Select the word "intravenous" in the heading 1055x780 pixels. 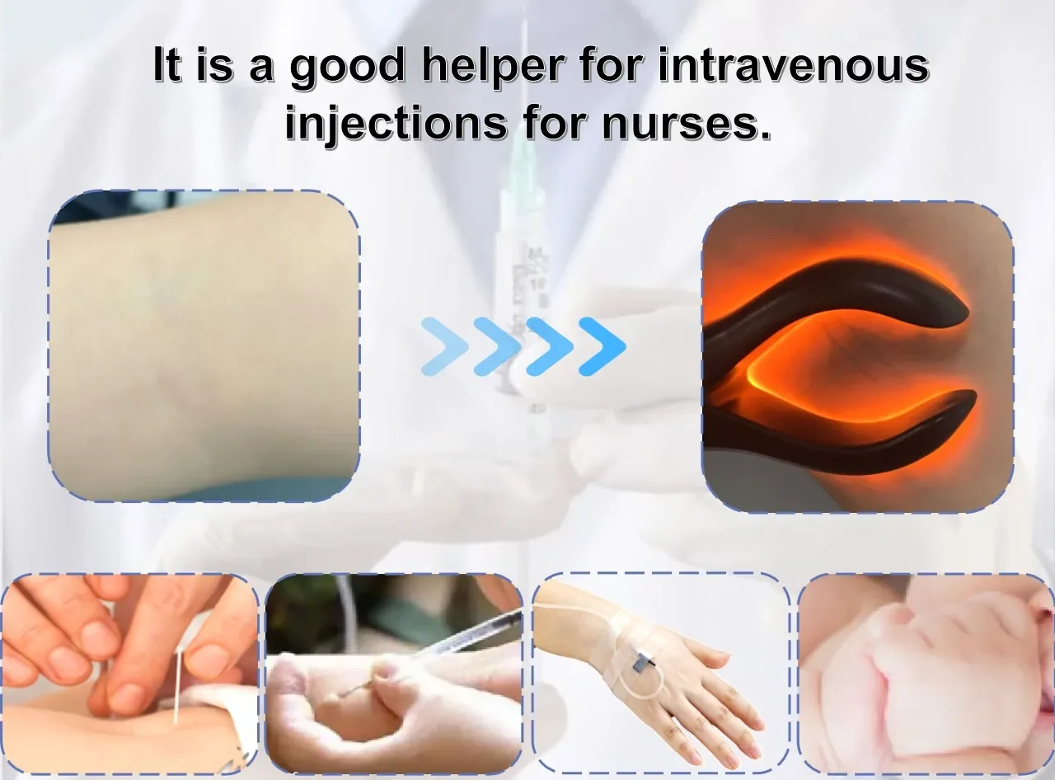click(x=794, y=65)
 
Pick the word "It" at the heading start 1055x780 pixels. click(x=167, y=64)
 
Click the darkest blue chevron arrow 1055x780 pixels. click(x=603, y=346)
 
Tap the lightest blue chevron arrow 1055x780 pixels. click(x=445, y=346)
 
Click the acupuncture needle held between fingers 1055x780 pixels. click(x=178, y=685)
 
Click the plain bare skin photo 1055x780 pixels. click(x=204, y=346)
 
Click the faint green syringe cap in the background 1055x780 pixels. click(x=522, y=172)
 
